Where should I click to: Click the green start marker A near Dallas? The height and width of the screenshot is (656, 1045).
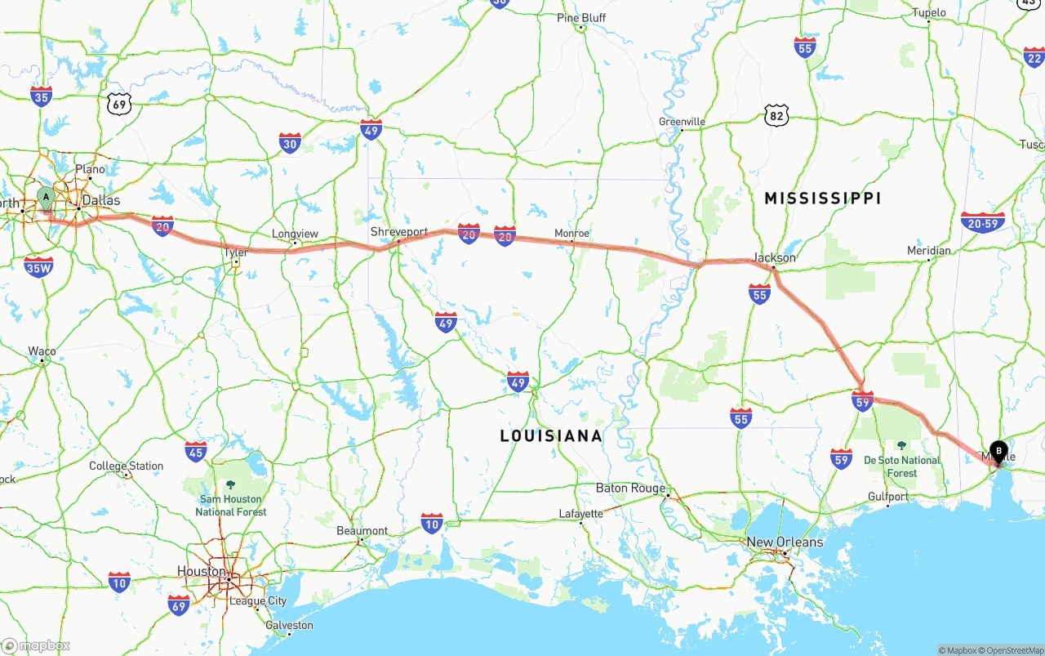click(x=47, y=197)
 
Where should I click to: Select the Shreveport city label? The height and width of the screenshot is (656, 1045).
click(x=398, y=232)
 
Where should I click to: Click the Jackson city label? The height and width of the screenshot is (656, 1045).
click(x=774, y=257)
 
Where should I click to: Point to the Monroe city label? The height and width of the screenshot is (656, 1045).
click(x=571, y=233)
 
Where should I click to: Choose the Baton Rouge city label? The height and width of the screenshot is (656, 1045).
click(x=629, y=488)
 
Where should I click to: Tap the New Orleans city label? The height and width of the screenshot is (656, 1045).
click(x=785, y=542)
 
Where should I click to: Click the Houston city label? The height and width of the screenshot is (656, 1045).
click(x=202, y=571)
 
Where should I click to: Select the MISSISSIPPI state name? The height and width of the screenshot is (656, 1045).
click(x=822, y=198)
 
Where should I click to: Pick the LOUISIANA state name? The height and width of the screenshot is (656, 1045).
click(x=551, y=436)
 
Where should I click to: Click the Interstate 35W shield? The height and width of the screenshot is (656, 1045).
click(x=38, y=266)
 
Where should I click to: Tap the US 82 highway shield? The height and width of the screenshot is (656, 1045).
click(x=777, y=115)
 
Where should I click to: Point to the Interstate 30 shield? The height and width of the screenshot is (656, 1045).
click(x=290, y=143)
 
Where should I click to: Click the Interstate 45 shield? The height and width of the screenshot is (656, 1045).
click(x=195, y=450)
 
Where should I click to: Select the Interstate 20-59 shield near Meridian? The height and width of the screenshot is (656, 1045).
click(x=982, y=222)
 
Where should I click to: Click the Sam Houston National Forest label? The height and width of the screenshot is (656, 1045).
click(x=230, y=505)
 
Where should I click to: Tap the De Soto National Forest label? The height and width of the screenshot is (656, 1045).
click(x=902, y=466)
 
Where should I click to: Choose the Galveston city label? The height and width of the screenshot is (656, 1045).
click(x=289, y=625)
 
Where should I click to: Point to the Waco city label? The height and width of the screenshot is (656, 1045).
click(x=42, y=351)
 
